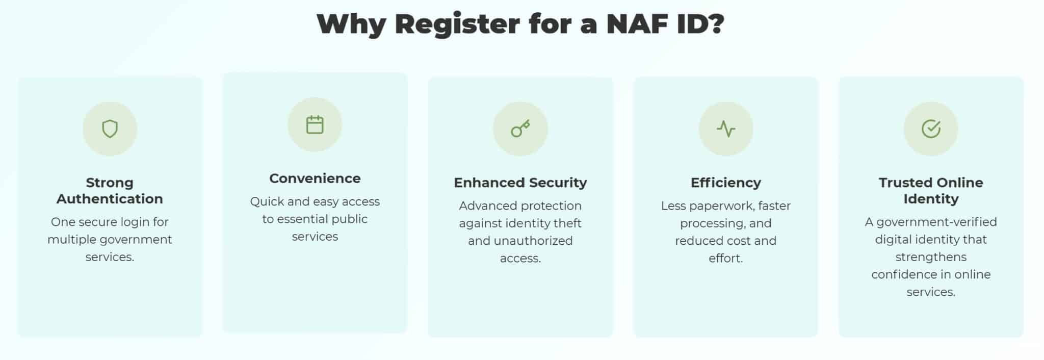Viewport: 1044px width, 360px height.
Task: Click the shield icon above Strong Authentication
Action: pyautogui.click(x=110, y=128)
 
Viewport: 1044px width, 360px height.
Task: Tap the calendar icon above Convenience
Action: pyautogui.click(x=315, y=124)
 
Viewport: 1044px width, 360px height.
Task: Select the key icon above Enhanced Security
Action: pyautogui.click(x=520, y=128)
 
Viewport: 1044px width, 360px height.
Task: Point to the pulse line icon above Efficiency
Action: pyautogui.click(x=726, y=128)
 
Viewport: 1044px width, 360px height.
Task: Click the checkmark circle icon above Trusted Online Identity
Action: pyautogui.click(x=931, y=128)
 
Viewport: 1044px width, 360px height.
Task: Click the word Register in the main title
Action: pyautogui.click(x=457, y=24)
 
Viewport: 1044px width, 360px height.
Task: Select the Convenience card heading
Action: pyautogui.click(x=315, y=178)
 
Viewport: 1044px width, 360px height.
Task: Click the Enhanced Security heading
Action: pyautogui.click(x=520, y=183)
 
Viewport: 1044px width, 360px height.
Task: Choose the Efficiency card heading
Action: pyautogui.click(x=726, y=183)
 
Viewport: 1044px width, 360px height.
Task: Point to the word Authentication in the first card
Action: pyautogui.click(x=110, y=199)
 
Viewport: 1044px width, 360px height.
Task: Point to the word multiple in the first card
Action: pyautogui.click(x=71, y=240)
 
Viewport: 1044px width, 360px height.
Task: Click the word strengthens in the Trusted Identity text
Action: pyautogui.click(x=931, y=257)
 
